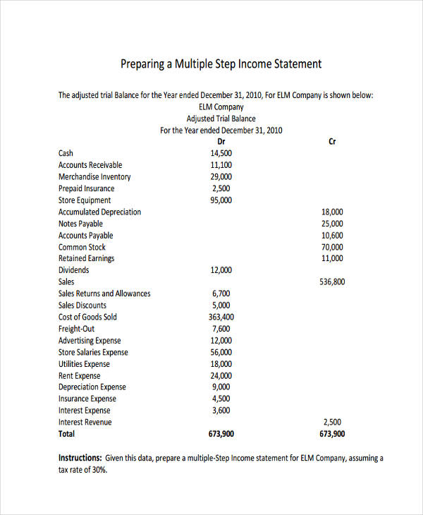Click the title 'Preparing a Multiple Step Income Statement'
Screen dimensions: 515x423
click(x=221, y=64)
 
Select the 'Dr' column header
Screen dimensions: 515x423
click(x=221, y=142)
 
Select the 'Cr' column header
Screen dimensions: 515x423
click(x=332, y=142)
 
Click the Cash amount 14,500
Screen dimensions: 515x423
click(x=221, y=153)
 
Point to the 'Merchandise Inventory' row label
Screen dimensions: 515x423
click(x=94, y=177)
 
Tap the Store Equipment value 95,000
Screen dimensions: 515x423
click(x=221, y=200)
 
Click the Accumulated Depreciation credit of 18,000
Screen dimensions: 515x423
click(x=332, y=212)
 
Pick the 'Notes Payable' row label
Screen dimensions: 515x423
click(x=81, y=224)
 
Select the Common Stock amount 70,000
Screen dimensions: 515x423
click(x=332, y=247)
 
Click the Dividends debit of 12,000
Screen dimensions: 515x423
click(x=221, y=270)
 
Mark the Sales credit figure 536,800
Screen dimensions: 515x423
click(x=332, y=281)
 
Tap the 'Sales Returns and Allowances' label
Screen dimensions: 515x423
click(x=104, y=293)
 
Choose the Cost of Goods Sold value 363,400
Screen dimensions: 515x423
click(x=221, y=317)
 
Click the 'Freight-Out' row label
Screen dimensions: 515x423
click(x=76, y=329)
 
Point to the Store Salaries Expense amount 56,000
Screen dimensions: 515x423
click(x=221, y=352)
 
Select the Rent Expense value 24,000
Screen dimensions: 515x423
click(x=221, y=375)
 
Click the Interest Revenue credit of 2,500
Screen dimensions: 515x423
click(x=332, y=422)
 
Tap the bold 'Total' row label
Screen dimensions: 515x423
click(x=67, y=434)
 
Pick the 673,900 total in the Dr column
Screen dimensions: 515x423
click(x=221, y=434)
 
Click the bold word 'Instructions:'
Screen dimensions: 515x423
click(x=80, y=458)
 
